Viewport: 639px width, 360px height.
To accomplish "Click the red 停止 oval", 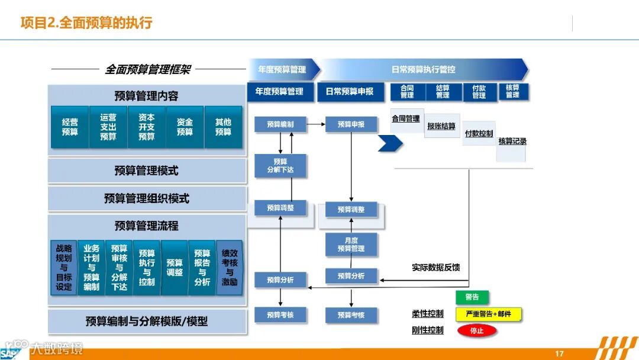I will (477, 330).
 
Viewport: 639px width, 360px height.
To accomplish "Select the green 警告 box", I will (472, 297).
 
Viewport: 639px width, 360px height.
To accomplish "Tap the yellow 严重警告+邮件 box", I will (488, 314).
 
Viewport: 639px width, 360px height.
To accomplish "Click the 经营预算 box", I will (70, 127).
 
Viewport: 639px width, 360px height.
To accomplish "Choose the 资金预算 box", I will (185, 127).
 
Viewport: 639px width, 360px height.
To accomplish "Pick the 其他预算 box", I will (223, 127).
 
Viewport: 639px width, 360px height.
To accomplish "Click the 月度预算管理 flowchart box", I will (351, 245).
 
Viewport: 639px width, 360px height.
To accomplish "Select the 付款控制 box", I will (479, 134).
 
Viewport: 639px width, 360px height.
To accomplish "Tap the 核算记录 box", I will (512, 142).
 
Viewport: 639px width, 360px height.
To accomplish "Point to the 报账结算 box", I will (441, 126).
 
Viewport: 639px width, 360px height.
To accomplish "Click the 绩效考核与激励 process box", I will (230, 268).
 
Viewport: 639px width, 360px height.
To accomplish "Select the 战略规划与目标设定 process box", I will (64, 268).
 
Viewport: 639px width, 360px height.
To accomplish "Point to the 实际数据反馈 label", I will (435, 268).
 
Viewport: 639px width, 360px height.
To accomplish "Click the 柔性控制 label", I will (427, 314).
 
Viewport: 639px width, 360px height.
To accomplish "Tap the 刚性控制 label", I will (427, 330).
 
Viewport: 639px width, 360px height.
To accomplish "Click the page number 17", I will (559, 353).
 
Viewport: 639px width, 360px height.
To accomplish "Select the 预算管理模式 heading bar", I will (147, 171).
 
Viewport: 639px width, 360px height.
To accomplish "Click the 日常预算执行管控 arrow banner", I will (423, 69).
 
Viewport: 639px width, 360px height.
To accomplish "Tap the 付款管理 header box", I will (479, 92).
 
